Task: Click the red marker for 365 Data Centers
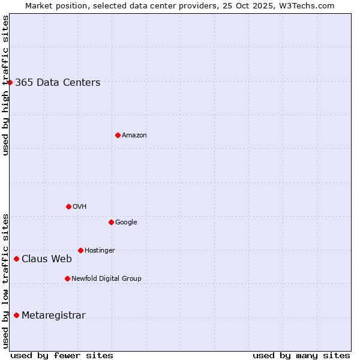coord(10,82)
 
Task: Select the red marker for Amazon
coord(118,135)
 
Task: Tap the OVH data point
coord(68,206)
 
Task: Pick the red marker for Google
coord(111,222)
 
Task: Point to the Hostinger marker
coord(80,250)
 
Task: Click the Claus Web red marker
coord(16,259)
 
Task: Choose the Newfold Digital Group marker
coord(67,278)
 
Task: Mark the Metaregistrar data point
coord(16,315)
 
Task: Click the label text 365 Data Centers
coord(58,83)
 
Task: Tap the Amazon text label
coord(134,136)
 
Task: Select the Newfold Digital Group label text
coord(106,278)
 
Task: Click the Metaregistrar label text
coord(53,316)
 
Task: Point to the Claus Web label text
coord(47,259)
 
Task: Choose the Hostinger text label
coord(100,250)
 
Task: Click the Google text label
coord(126,222)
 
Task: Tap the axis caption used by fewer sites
coord(62,355)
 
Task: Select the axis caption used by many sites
coord(301,355)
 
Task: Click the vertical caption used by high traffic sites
coord(5,85)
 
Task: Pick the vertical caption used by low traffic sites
coord(5,281)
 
